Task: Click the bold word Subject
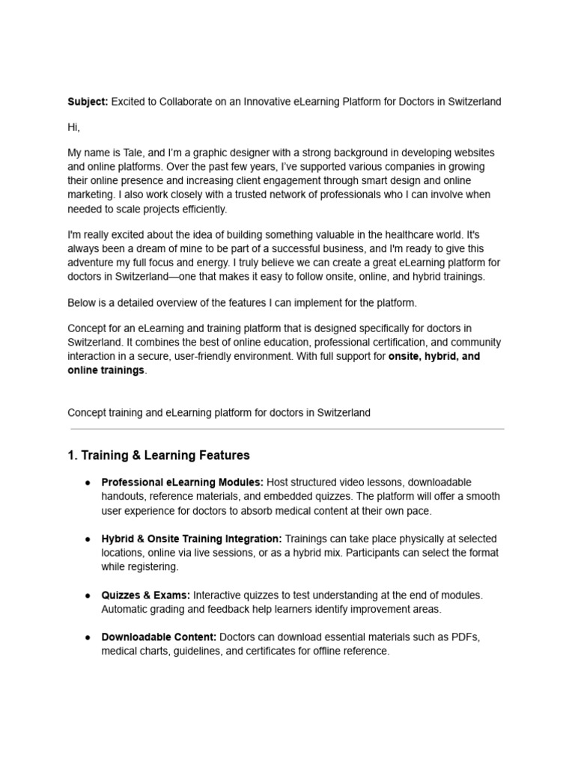[x=88, y=102]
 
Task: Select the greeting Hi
[x=73, y=127]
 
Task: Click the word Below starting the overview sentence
[x=82, y=302]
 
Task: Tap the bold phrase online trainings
[x=106, y=370]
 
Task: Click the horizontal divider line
[x=287, y=429]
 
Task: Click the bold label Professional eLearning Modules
[x=182, y=482]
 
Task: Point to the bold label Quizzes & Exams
[x=146, y=595]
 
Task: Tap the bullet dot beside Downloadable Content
[x=88, y=637]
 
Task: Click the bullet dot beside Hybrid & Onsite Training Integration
[x=88, y=539]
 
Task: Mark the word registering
[x=155, y=567]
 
